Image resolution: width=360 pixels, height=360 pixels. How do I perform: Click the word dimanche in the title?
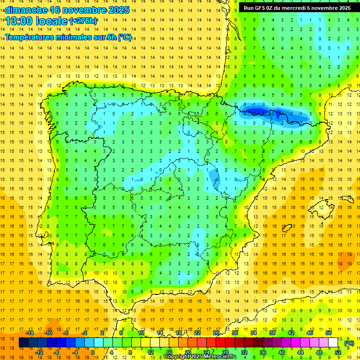click(26, 10)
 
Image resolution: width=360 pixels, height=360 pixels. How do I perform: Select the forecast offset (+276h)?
click(83, 21)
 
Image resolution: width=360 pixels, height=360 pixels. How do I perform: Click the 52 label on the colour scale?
click(338, 352)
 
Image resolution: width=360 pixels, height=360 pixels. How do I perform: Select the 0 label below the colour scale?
click(92, 352)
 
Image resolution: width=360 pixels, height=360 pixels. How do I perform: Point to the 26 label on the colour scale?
click(216, 333)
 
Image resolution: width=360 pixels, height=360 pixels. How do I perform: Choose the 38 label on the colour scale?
click(272, 333)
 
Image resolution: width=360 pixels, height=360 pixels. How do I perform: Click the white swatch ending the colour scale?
click(333, 343)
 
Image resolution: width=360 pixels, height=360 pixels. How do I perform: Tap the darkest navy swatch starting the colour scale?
click(23, 343)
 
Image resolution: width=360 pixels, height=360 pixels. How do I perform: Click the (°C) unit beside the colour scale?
click(349, 343)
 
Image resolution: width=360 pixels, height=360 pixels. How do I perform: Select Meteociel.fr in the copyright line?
click(219, 357)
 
